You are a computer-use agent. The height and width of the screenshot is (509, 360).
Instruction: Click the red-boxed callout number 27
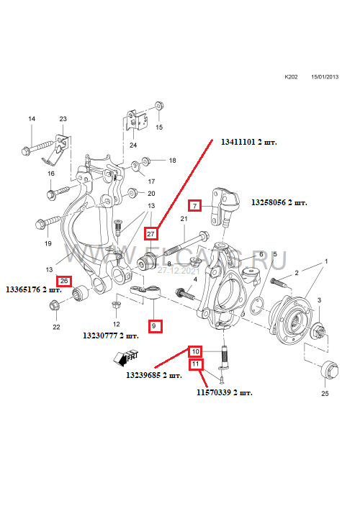click(x=150, y=233)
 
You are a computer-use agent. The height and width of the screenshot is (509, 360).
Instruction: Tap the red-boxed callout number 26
click(x=65, y=281)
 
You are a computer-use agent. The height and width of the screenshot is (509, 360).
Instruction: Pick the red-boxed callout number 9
click(x=154, y=326)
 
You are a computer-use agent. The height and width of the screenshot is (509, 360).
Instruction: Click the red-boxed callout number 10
click(x=195, y=351)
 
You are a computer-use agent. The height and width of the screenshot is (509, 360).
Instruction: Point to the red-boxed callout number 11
click(x=195, y=365)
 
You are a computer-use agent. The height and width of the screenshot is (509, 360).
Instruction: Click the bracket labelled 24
click(x=135, y=120)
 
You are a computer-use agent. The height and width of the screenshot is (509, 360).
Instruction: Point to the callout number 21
click(x=183, y=218)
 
